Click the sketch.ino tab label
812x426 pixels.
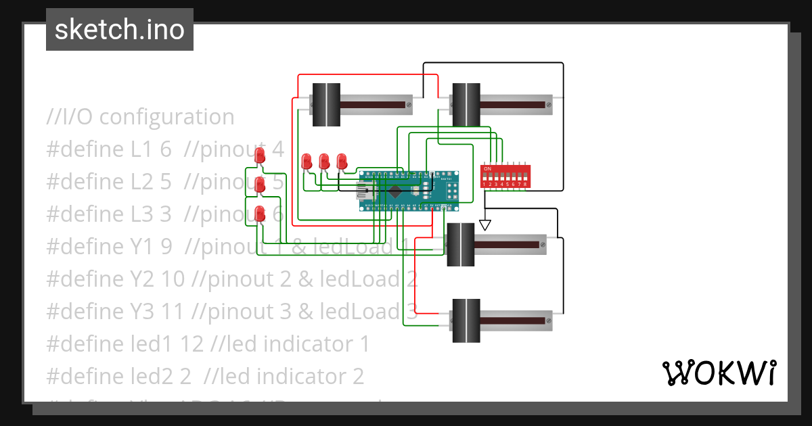coord(119,30)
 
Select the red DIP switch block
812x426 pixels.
coord(504,176)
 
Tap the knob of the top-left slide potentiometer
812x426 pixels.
coord(326,105)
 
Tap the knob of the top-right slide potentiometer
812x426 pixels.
coord(466,105)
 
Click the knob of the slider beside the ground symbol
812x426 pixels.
coord(461,244)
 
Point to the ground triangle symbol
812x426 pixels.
coord(484,224)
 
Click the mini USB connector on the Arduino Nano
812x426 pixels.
coord(365,191)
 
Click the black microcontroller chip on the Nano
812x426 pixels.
coord(394,190)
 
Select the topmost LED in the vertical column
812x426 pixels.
coord(260,156)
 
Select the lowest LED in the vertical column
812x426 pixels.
coord(260,214)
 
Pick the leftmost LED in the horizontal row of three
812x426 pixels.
coord(307,161)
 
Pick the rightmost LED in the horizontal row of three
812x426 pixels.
coord(342,161)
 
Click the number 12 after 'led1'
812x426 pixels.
coord(192,344)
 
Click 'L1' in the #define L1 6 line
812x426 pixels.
coord(143,149)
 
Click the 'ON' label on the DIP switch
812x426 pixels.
coord(487,167)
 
